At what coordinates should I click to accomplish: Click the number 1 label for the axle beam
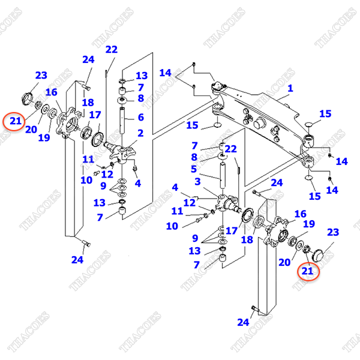[x=290, y=89]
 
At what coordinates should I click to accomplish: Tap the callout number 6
[x=140, y=118]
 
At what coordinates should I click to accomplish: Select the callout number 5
[x=193, y=169]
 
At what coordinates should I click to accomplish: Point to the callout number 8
[x=140, y=98]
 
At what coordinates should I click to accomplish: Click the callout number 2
[x=140, y=133]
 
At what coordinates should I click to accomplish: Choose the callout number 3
[x=196, y=181]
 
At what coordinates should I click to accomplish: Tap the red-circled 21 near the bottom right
[x=307, y=272]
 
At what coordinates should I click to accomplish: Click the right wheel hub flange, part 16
[x=276, y=236]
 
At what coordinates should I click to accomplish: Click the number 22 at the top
[x=112, y=49]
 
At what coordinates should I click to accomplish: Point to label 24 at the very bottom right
[x=242, y=322]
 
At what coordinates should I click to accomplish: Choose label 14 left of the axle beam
[x=166, y=73]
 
